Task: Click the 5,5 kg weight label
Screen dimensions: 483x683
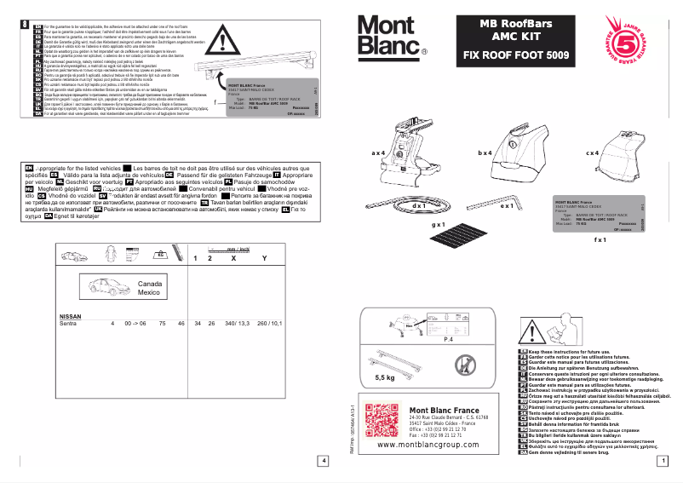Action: click(x=385, y=376)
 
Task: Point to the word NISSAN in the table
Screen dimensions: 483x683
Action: click(x=70, y=317)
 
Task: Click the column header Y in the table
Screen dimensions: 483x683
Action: click(x=264, y=257)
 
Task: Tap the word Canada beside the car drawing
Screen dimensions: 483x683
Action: click(x=150, y=284)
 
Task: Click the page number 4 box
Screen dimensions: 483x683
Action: click(x=323, y=461)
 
